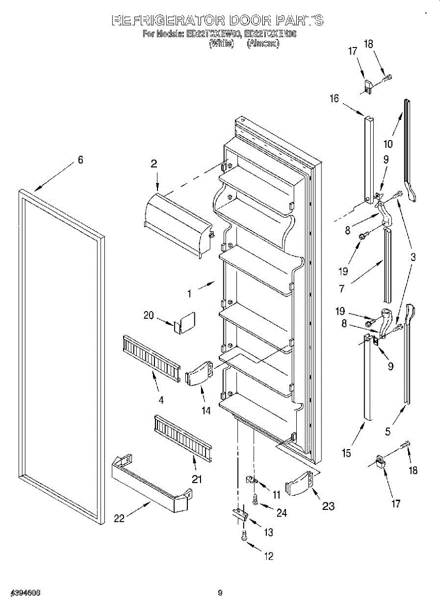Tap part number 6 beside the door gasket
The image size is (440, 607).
click(81, 160)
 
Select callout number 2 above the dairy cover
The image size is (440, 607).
click(154, 163)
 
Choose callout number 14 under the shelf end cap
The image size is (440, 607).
click(206, 411)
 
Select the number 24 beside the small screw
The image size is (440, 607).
click(282, 513)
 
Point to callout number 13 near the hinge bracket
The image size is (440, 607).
click(268, 532)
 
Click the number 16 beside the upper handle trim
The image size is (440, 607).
click(334, 99)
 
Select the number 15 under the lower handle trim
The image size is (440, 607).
click(346, 453)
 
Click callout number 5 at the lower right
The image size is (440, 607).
click(388, 431)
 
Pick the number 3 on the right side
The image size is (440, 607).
click(413, 257)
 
